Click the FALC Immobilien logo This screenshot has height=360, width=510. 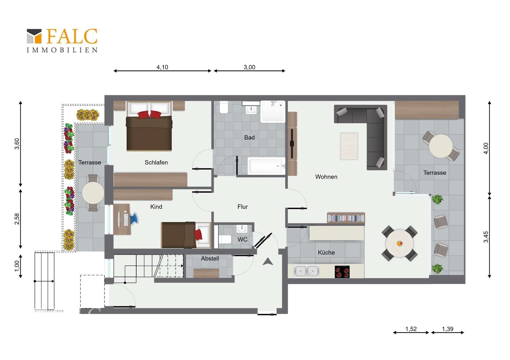point(62,41)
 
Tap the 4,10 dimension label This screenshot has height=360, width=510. point(162,67)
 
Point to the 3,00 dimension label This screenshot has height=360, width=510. point(249,67)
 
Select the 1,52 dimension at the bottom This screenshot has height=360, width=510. point(411,329)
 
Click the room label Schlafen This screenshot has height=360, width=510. point(156,162)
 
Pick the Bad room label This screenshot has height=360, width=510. point(249,137)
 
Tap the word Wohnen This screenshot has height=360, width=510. point(326,177)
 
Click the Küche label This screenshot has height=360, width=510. point(326,253)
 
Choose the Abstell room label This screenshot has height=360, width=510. point(210,258)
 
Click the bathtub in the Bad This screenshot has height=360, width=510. point(266,166)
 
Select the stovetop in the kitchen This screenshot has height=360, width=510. point(342,272)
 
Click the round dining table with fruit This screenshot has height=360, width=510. point(399,244)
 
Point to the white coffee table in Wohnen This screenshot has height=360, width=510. point(349,146)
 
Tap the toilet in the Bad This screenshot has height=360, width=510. point(224,107)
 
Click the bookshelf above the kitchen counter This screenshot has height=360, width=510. point(346,218)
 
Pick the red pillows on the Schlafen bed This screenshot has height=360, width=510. point(150,115)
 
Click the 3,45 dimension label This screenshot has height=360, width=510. point(486,237)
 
